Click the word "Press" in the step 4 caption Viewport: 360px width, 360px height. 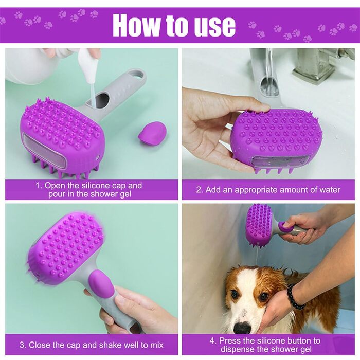(229, 340)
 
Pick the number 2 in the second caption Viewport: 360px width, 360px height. (199, 190)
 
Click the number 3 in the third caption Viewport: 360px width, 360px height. (22, 345)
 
